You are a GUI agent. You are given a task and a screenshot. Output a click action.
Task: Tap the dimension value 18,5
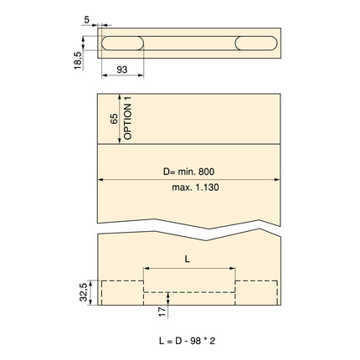77,61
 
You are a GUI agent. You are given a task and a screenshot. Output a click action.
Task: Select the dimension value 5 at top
87,17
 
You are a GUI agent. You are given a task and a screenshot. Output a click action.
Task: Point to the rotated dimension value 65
115,118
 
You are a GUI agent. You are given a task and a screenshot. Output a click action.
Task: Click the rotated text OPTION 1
128,117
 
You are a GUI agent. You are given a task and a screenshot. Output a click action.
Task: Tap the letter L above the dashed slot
188,259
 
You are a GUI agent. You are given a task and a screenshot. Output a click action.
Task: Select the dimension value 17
161,311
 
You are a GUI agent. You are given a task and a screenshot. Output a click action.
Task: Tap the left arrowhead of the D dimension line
101,178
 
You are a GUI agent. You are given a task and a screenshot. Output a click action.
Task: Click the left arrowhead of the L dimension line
146,269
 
